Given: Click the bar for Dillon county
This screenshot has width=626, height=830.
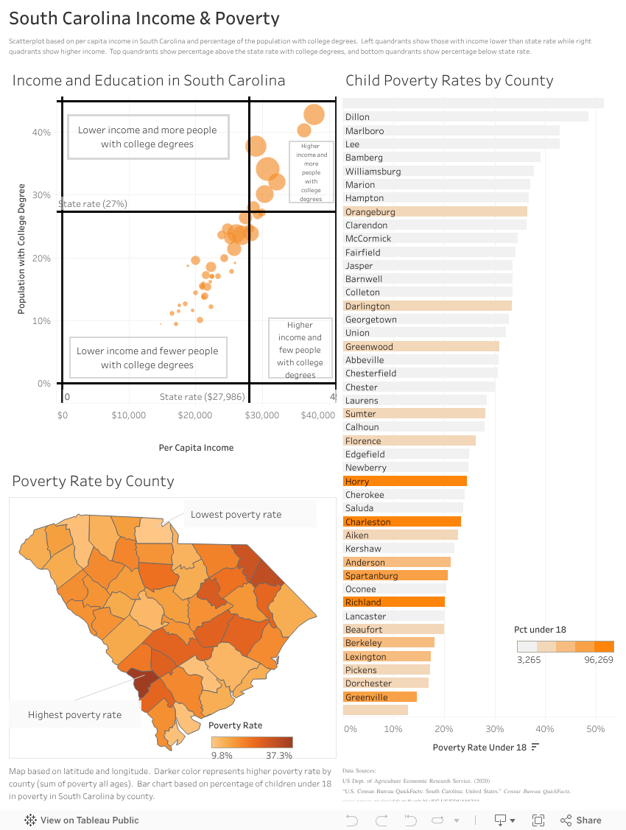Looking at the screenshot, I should click(465, 116).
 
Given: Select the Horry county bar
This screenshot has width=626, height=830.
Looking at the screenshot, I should click(405, 481).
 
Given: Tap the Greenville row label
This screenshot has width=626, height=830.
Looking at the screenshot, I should click(366, 697).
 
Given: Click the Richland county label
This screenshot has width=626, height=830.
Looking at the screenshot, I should click(363, 602).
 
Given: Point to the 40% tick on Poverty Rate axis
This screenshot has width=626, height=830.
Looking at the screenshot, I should click(544, 728).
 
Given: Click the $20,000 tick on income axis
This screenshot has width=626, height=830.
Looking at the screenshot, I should click(195, 415).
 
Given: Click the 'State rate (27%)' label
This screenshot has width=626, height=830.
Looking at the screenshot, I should click(93, 203).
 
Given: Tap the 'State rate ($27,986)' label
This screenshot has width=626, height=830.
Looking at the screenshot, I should click(202, 397).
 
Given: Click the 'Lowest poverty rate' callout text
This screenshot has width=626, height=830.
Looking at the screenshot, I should click(236, 514).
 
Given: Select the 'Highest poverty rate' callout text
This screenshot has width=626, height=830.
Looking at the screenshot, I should click(74, 714).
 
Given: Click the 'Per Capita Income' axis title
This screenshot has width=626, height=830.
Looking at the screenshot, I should click(196, 447).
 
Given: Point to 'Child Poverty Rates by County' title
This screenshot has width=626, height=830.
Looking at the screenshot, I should click(449, 81).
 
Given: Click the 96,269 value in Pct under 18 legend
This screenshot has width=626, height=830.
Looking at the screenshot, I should click(599, 660).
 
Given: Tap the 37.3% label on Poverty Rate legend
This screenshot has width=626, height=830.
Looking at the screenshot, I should click(279, 755).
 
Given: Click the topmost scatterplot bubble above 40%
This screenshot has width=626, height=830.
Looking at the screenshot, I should click(314, 115).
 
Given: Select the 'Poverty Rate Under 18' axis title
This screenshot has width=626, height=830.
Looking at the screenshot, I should click(479, 747).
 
